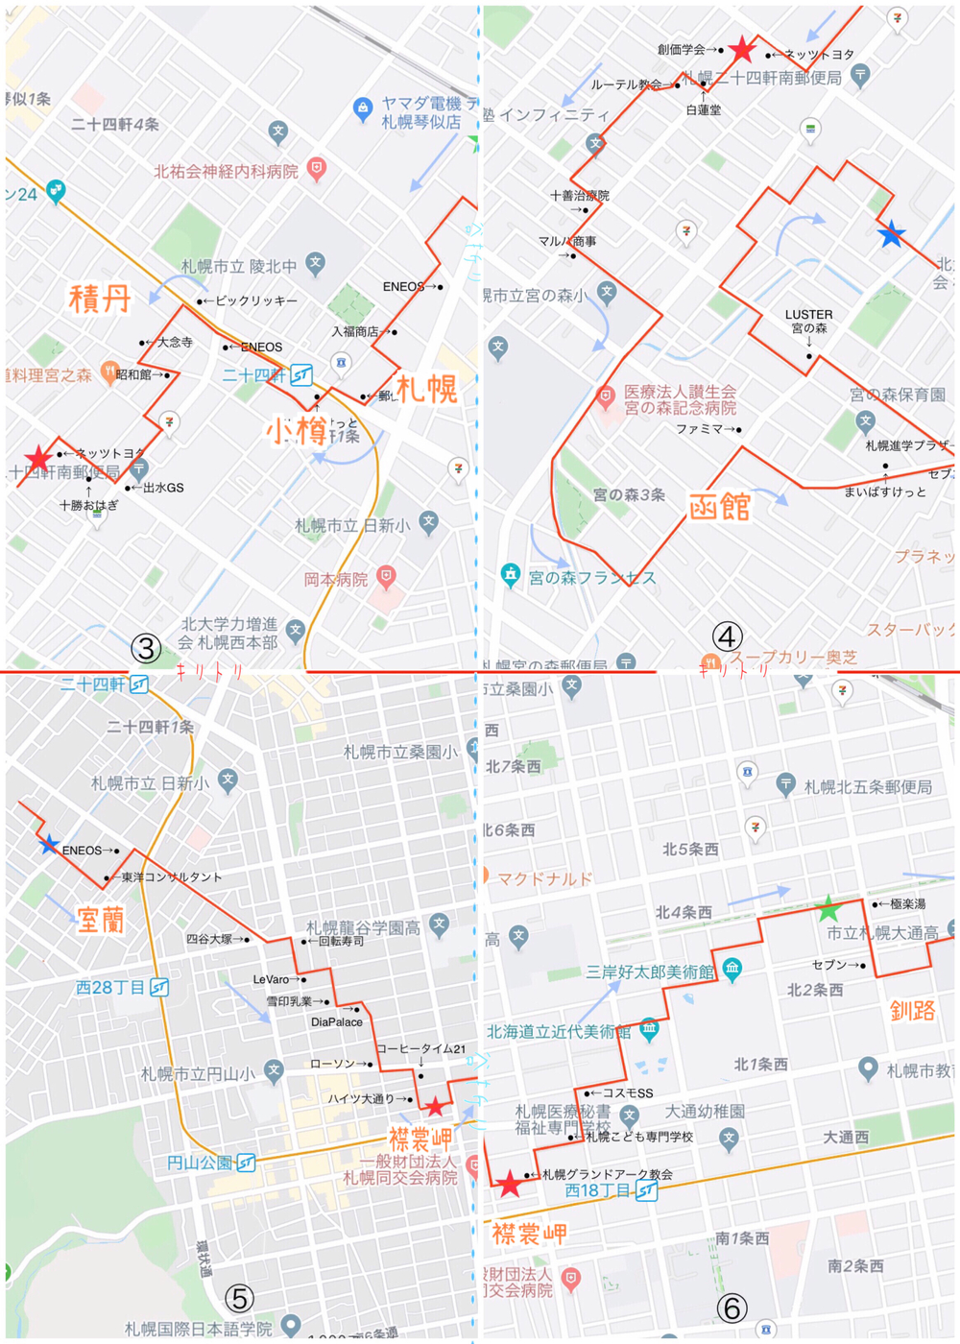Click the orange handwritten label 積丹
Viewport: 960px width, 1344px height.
(100, 299)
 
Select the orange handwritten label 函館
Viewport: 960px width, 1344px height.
(719, 506)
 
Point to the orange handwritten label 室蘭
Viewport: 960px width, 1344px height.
(101, 920)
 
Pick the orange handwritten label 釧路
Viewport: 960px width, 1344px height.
(912, 1010)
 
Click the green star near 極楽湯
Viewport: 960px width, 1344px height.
(828, 907)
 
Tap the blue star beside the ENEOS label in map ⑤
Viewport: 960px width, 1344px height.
(48, 845)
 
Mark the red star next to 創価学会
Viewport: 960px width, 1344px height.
(742, 49)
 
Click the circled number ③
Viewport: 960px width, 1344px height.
(146, 648)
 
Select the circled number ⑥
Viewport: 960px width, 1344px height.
(732, 1308)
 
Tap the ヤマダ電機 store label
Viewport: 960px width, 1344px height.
(420, 112)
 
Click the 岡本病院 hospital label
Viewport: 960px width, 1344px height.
(336, 579)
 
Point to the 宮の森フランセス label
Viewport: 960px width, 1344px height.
(591, 577)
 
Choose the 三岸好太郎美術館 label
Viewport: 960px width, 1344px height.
(650, 972)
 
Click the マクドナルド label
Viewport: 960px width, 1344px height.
(544, 877)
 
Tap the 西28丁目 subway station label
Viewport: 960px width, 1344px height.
(110, 987)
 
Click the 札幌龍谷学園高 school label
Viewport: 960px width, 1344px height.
(364, 927)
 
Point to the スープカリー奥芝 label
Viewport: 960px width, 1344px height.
(793, 658)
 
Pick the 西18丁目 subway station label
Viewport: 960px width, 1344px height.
(598, 1190)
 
